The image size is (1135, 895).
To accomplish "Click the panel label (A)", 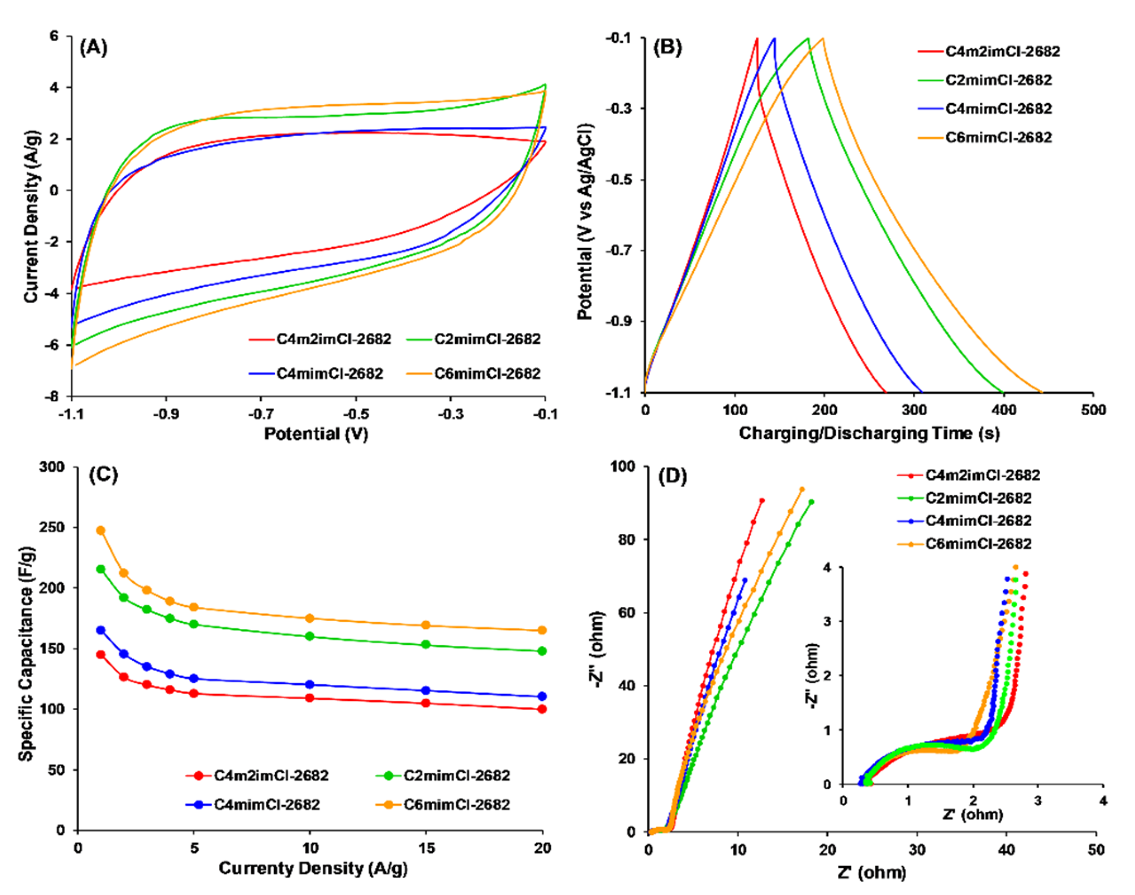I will tap(93, 48).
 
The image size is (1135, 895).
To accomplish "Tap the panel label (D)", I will tap(672, 476).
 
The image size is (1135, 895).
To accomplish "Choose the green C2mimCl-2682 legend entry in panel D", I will tap(978, 498).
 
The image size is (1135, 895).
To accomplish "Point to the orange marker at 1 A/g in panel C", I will tap(100, 530).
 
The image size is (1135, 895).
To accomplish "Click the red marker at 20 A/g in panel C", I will tap(542, 709).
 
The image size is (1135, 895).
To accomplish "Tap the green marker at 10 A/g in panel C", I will tap(310, 636).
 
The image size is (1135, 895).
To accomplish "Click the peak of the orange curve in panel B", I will tap(823, 38).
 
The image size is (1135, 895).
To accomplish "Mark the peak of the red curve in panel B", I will tap(757, 38).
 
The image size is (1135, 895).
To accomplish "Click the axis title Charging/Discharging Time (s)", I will tap(868, 433).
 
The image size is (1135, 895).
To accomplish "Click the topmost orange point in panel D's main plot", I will tap(801, 489).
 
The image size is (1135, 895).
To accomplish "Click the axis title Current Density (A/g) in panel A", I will tap(32, 216).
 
